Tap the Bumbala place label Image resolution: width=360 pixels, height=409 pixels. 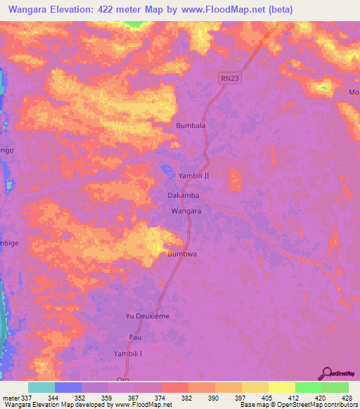[190, 126]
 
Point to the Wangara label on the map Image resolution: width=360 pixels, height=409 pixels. [187, 211]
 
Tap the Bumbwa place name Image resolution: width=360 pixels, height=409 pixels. [181, 255]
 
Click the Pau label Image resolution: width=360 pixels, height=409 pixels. [134, 338]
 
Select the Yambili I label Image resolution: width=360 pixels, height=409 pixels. [129, 354]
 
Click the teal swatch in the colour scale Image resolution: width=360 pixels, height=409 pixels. [41, 387]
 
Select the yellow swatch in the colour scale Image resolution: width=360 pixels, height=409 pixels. [282, 387]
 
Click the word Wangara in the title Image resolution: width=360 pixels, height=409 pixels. [39, 9]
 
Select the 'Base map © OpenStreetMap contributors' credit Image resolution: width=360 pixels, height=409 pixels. [298, 405]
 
